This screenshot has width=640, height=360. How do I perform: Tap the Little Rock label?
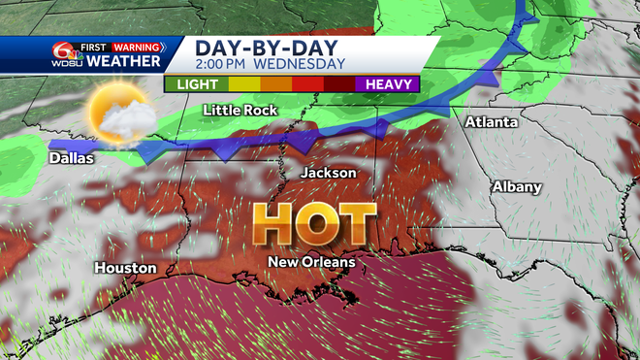[x=240, y=110]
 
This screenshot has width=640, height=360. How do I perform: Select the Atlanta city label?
[x=491, y=122]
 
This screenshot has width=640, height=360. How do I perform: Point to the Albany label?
[x=518, y=186]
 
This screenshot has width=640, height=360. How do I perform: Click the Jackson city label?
[x=329, y=172]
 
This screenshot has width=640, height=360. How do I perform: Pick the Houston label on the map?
[x=125, y=267]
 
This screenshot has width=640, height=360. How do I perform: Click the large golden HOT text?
[x=315, y=224]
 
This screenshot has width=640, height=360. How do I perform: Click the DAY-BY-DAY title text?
[x=256, y=48]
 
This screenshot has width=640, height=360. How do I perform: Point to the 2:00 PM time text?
[x=228, y=65]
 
